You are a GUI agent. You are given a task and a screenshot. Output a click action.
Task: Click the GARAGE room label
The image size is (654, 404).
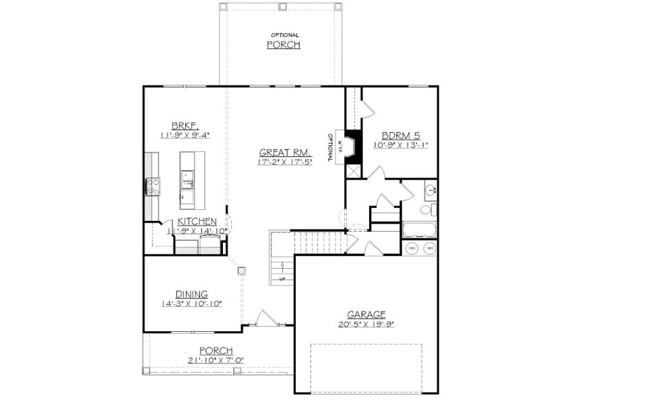point(366,314)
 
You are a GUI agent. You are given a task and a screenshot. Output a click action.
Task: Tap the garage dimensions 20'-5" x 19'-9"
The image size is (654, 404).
point(366,324)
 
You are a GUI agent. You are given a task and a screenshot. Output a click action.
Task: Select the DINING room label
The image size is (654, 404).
point(191,294)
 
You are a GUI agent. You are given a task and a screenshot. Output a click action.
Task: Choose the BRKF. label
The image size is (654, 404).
point(183,125)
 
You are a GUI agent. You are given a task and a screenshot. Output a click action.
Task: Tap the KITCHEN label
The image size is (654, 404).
point(197,222)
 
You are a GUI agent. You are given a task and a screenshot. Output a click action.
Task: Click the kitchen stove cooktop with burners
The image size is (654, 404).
point(152,185)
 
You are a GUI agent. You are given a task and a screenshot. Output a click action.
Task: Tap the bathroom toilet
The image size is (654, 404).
point(427,210)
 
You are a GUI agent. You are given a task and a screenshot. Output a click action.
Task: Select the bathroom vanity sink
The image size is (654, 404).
point(430,191)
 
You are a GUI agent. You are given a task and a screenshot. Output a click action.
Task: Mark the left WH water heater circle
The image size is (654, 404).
point(412,248)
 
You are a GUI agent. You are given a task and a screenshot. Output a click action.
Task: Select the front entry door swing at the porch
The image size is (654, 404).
point(267,318)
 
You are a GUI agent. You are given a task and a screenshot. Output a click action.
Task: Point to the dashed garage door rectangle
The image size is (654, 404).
point(366,367)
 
